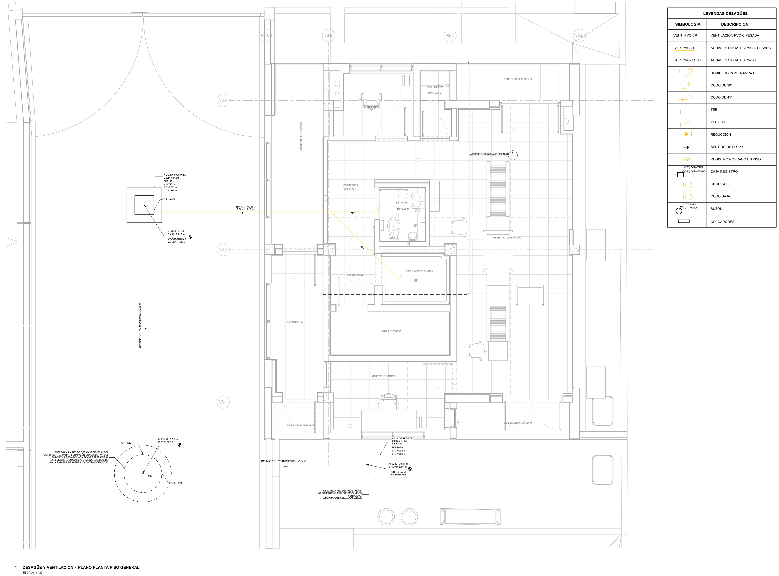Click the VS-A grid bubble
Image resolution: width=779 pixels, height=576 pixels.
click(265, 35)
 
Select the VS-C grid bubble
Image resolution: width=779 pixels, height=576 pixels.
click(450, 35)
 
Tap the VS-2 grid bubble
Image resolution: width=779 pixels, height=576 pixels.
click(223, 250)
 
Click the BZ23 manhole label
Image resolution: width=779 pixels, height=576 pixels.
click(151, 476)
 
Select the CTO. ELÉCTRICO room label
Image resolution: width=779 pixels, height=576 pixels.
click(391, 331)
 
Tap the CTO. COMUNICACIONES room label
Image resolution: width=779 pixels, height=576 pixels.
click(419, 271)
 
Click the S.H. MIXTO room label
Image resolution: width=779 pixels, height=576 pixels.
click(401, 203)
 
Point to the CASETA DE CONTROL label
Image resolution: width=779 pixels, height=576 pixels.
click(384, 376)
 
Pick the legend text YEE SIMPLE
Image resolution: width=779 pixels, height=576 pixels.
click(720, 122)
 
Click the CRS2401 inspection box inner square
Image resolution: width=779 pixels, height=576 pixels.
click(144, 205)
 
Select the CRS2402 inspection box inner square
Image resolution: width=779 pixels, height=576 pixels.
click(366, 464)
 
